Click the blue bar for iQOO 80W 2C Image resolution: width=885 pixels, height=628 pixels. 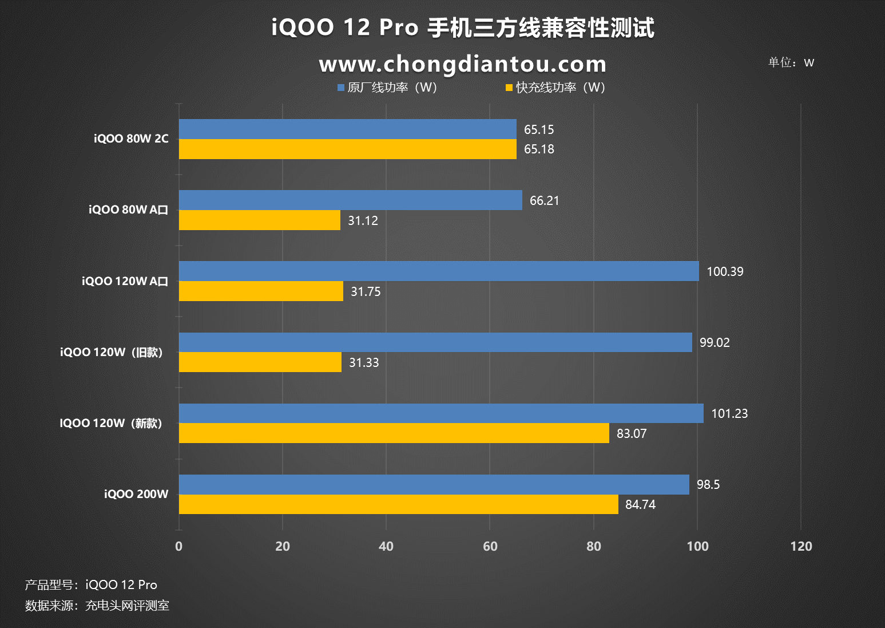tap(347, 129)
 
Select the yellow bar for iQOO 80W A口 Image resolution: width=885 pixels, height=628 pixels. tap(259, 220)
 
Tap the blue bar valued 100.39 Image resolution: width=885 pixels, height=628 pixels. tap(439, 271)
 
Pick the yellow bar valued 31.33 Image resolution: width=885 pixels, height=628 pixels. tap(260, 362)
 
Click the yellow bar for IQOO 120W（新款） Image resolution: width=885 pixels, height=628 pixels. tap(394, 433)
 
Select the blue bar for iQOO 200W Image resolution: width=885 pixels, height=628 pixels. tap(434, 484)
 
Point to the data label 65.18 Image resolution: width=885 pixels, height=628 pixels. tap(539, 149)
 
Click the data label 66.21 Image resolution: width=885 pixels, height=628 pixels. tap(544, 201)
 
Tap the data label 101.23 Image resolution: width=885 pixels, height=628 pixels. tap(729, 414)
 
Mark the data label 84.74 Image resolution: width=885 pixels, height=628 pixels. tap(640, 505)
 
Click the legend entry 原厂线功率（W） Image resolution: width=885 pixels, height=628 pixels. tap(387, 88)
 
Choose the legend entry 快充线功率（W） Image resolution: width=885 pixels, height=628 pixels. tap(555, 88)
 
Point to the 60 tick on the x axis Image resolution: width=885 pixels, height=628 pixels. tap(490, 546)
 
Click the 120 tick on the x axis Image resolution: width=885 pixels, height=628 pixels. tap(801, 546)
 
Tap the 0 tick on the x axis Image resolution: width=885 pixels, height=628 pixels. tap(179, 546)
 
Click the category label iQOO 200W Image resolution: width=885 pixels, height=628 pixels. tap(136, 494)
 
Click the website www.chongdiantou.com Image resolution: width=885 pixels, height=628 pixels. tap(462, 64)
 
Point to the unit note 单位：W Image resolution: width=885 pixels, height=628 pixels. tap(791, 62)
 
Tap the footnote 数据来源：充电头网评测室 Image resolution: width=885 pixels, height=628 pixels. tap(97, 606)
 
